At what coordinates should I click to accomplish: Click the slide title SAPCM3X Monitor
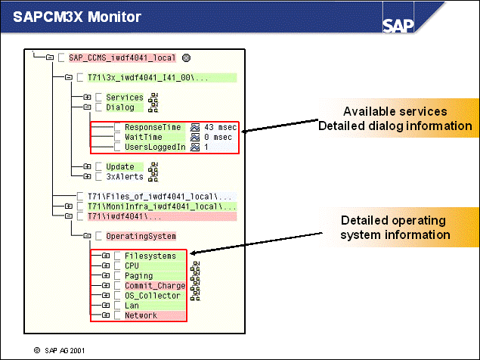[66, 16]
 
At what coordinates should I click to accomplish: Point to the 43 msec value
[220, 127]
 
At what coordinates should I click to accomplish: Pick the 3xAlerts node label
[122, 176]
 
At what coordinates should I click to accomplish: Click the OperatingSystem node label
[141, 236]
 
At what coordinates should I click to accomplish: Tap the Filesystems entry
[150, 256]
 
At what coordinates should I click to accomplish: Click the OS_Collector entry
[153, 296]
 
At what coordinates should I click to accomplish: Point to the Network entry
[141, 315]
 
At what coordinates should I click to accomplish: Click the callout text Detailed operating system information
[394, 228]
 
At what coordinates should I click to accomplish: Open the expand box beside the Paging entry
[106, 276]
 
